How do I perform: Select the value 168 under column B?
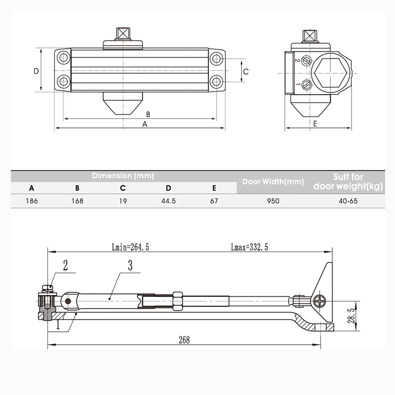pyautogui.click(x=77, y=201)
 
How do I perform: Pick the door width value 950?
pyautogui.click(x=273, y=201)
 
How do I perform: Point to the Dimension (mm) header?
pyautogui.click(x=122, y=176)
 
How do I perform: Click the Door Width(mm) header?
pyautogui.click(x=273, y=182)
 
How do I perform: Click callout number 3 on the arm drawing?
pyautogui.click(x=130, y=266)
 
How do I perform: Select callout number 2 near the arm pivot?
pyautogui.click(x=65, y=266)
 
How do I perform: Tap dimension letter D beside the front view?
pyautogui.click(x=36, y=71)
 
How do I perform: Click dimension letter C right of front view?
pyautogui.click(x=246, y=72)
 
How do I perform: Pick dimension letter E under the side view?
pyautogui.click(x=315, y=123)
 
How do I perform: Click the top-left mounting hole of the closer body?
pyautogui.click(x=63, y=58)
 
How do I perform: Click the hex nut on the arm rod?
pyautogui.click(x=177, y=300)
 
